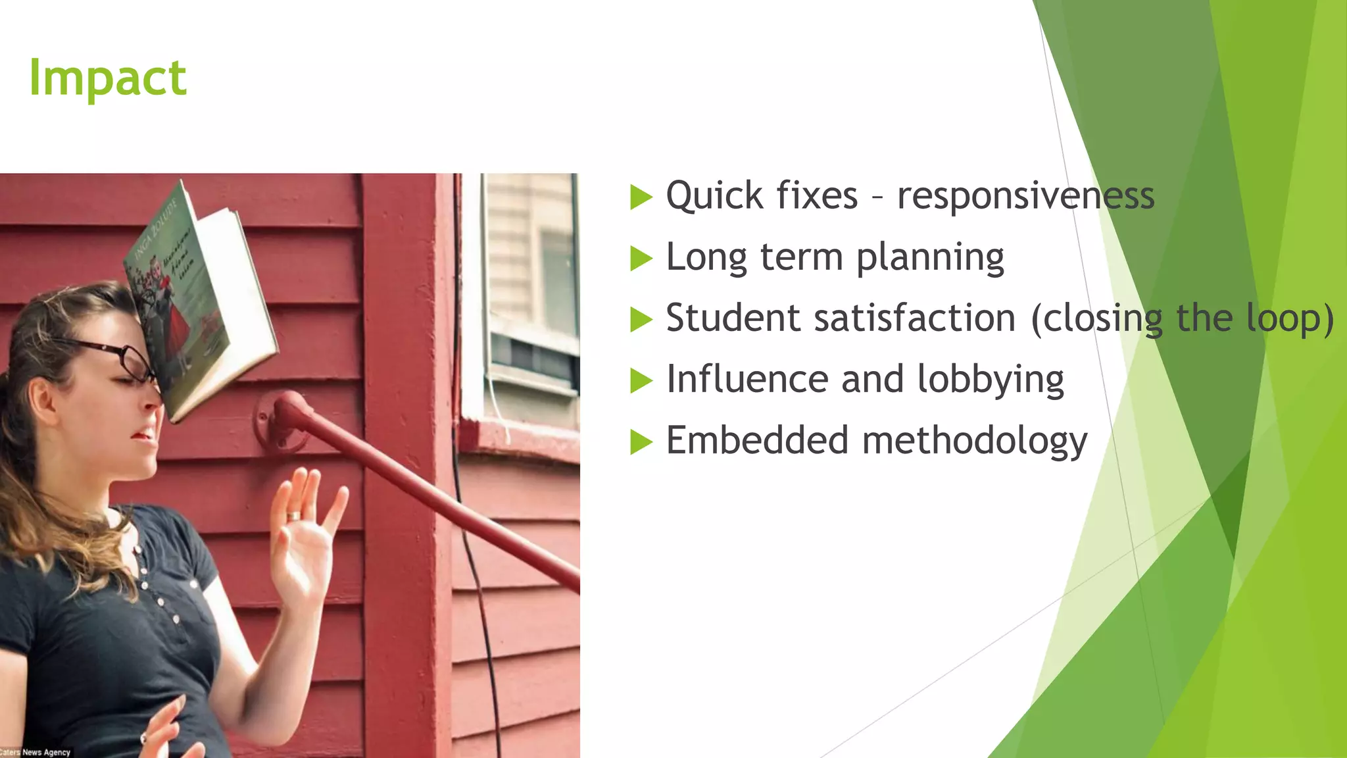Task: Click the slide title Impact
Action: tap(108, 78)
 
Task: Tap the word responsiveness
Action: tap(1025, 196)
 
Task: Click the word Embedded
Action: tap(757, 440)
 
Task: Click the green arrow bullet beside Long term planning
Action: tap(641, 258)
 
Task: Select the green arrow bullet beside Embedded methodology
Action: tap(641, 442)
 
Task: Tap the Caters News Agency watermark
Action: tap(36, 751)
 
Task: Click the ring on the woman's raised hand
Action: tap(294, 516)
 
